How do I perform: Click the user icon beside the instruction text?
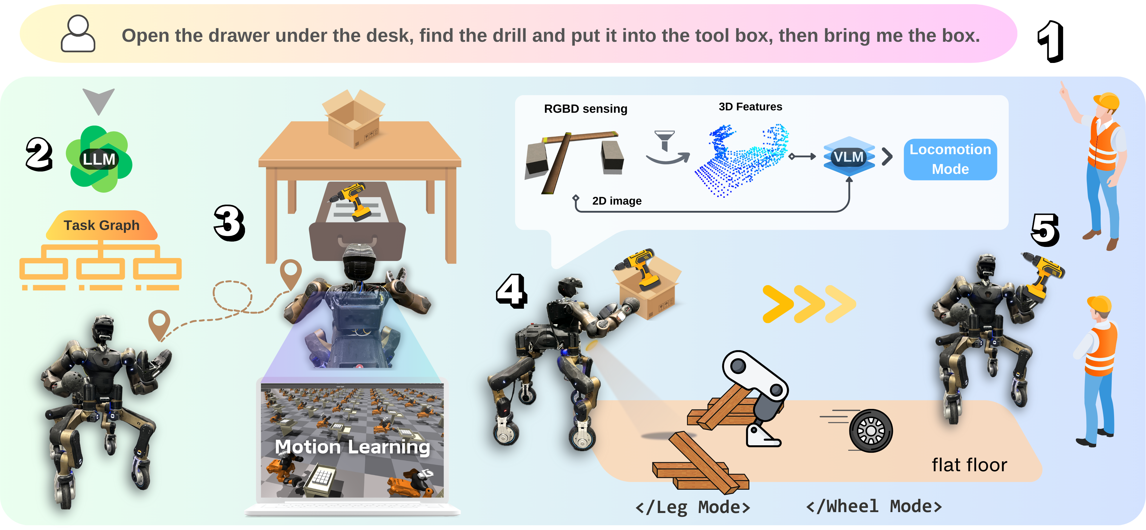[x=78, y=34]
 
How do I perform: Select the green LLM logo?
[x=99, y=159]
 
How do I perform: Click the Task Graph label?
[x=101, y=225]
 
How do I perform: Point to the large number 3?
[x=229, y=223]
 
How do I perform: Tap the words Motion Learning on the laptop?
[x=352, y=447]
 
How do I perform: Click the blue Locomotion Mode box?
[x=950, y=159]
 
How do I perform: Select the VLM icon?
[x=849, y=157]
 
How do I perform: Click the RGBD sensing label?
[x=586, y=109]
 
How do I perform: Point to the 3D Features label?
[x=750, y=107]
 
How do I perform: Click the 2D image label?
[x=617, y=201]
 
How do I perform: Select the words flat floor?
[x=969, y=465]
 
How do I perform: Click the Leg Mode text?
[x=693, y=507]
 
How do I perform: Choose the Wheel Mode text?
[x=874, y=506]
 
